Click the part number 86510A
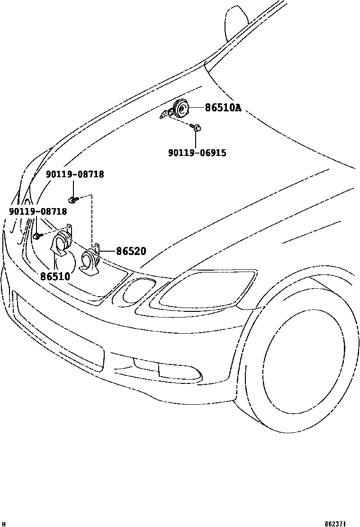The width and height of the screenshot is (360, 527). point(223,108)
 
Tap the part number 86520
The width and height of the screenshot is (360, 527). point(131,251)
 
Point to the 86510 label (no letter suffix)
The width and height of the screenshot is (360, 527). point(55,276)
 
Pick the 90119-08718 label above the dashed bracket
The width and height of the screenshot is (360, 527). point(75,174)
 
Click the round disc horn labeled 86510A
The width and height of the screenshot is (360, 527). point(180,109)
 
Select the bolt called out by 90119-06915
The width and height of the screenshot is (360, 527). point(197,127)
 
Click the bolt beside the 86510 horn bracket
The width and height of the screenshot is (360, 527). point(37,235)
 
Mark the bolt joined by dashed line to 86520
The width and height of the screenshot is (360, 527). point(72,199)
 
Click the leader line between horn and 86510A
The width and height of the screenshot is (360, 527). point(197,108)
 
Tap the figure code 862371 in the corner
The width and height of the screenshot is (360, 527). point(336,524)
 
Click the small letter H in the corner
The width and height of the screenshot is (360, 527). point(3,524)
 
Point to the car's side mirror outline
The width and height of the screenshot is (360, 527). point(237,21)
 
